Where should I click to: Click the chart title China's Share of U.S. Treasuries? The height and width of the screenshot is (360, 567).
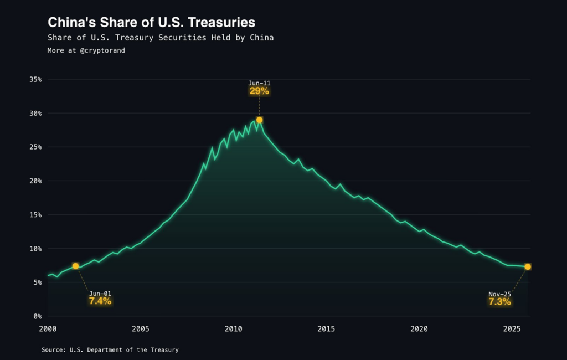[151, 22]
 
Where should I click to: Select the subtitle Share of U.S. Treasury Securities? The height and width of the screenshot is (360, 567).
[161, 38]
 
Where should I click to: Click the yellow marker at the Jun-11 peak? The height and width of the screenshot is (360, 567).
[259, 120]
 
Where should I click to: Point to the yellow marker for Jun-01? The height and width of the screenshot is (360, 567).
[76, 266]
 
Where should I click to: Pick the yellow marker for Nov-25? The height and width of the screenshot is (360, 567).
[528, 266]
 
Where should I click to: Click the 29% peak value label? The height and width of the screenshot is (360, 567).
[259, 91]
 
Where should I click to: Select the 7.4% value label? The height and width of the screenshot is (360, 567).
[100, 301]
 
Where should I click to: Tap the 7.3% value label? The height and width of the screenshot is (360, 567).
[499, 301]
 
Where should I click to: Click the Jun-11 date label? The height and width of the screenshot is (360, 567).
[259, 83]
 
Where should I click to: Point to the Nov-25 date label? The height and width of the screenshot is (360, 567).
[499, 294]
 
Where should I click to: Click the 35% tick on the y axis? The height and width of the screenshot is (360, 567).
[35, 79]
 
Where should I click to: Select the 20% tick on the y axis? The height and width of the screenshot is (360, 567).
[35, 181]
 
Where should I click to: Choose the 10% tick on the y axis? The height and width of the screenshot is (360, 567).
[35, 249]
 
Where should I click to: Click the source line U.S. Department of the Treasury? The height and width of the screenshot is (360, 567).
[110, 350]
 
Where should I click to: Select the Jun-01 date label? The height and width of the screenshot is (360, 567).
[100, 294]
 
